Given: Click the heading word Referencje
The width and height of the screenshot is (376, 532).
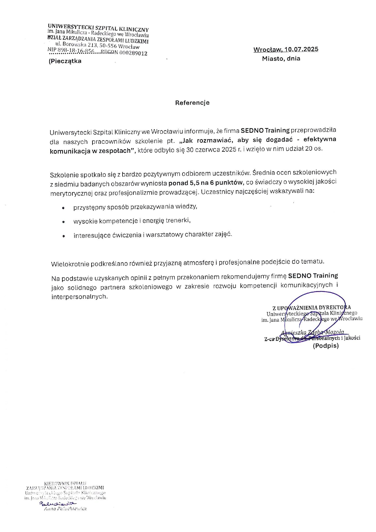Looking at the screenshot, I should point(192,103).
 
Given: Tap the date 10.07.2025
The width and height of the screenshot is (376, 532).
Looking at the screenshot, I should point(301,49).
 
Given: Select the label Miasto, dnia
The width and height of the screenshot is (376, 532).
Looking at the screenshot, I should point(281,59).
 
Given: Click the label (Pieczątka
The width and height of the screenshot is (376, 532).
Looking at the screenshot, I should point(65,61).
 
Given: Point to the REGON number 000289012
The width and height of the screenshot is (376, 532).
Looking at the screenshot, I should point(133,53).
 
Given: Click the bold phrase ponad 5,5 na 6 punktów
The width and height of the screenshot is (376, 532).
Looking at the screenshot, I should point(206,183).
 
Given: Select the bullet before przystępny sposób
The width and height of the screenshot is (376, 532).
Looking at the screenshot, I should point(63,208).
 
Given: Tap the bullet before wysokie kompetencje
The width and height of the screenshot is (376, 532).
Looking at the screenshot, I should point(63,222).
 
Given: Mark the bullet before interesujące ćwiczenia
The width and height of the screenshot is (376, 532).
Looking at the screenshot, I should point(64,236).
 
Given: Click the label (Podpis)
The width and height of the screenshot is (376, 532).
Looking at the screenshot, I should point(326,346).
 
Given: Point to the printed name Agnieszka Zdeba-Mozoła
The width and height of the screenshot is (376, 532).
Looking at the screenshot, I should point(313,332).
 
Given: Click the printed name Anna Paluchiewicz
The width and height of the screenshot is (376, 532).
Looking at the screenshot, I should point(65,509).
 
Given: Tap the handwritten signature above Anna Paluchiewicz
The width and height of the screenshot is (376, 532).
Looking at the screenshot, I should point(58,503).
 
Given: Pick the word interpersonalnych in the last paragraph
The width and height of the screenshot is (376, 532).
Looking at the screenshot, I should point(79,297).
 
